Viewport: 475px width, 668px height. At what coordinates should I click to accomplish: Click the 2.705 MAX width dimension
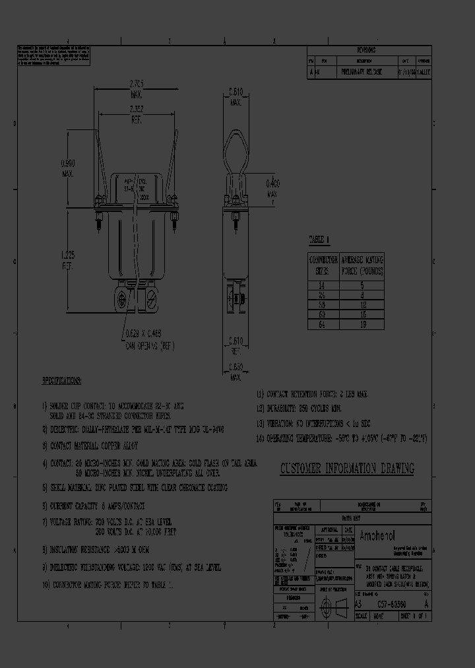coord(136,88)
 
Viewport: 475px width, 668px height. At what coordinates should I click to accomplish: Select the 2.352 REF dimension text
coord(136,113)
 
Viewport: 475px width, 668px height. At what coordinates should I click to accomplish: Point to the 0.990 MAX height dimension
coord(68,168)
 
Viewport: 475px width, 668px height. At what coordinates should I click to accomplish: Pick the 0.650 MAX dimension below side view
coord(236,371)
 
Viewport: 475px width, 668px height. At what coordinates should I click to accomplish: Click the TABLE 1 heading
coord(319,240)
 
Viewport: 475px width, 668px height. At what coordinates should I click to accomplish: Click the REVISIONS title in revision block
coord(366,50)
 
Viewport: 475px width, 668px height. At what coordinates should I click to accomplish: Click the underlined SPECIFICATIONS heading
coord(61,382)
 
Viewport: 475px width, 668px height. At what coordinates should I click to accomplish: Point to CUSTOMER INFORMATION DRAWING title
coord(347,469)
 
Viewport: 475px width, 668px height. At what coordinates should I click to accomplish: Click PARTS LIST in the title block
coord(350,518)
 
